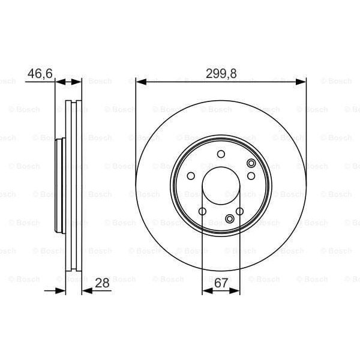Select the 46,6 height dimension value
pos(40,74)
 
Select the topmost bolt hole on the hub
pos(221,155)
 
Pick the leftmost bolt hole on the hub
pos(191,176)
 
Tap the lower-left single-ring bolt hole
pos(203,211)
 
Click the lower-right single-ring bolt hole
pos(239,211)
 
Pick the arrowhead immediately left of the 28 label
pos(85,292)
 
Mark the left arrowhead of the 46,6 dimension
pos(59,82)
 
